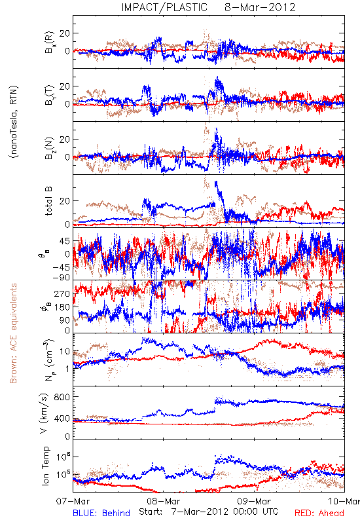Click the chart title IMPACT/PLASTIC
pos(164,7)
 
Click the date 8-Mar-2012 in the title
pos(260,7)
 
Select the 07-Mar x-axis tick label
pos(73,501)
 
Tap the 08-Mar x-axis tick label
pos(164,501)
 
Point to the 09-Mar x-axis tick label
pos(254,501)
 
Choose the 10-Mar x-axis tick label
pos(344,501)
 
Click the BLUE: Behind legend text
pos(101,513)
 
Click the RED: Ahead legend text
pos(319,513)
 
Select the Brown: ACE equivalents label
pos(13,333)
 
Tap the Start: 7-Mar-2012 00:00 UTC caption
pos(209,512)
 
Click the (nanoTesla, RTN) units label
pos(14,122)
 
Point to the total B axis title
pos(48,201)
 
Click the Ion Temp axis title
pos(45,466)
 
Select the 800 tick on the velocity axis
pos(62,397)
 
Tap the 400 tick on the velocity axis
pos(62,418)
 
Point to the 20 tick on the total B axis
pos(65,201)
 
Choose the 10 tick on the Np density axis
pos(65,352)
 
